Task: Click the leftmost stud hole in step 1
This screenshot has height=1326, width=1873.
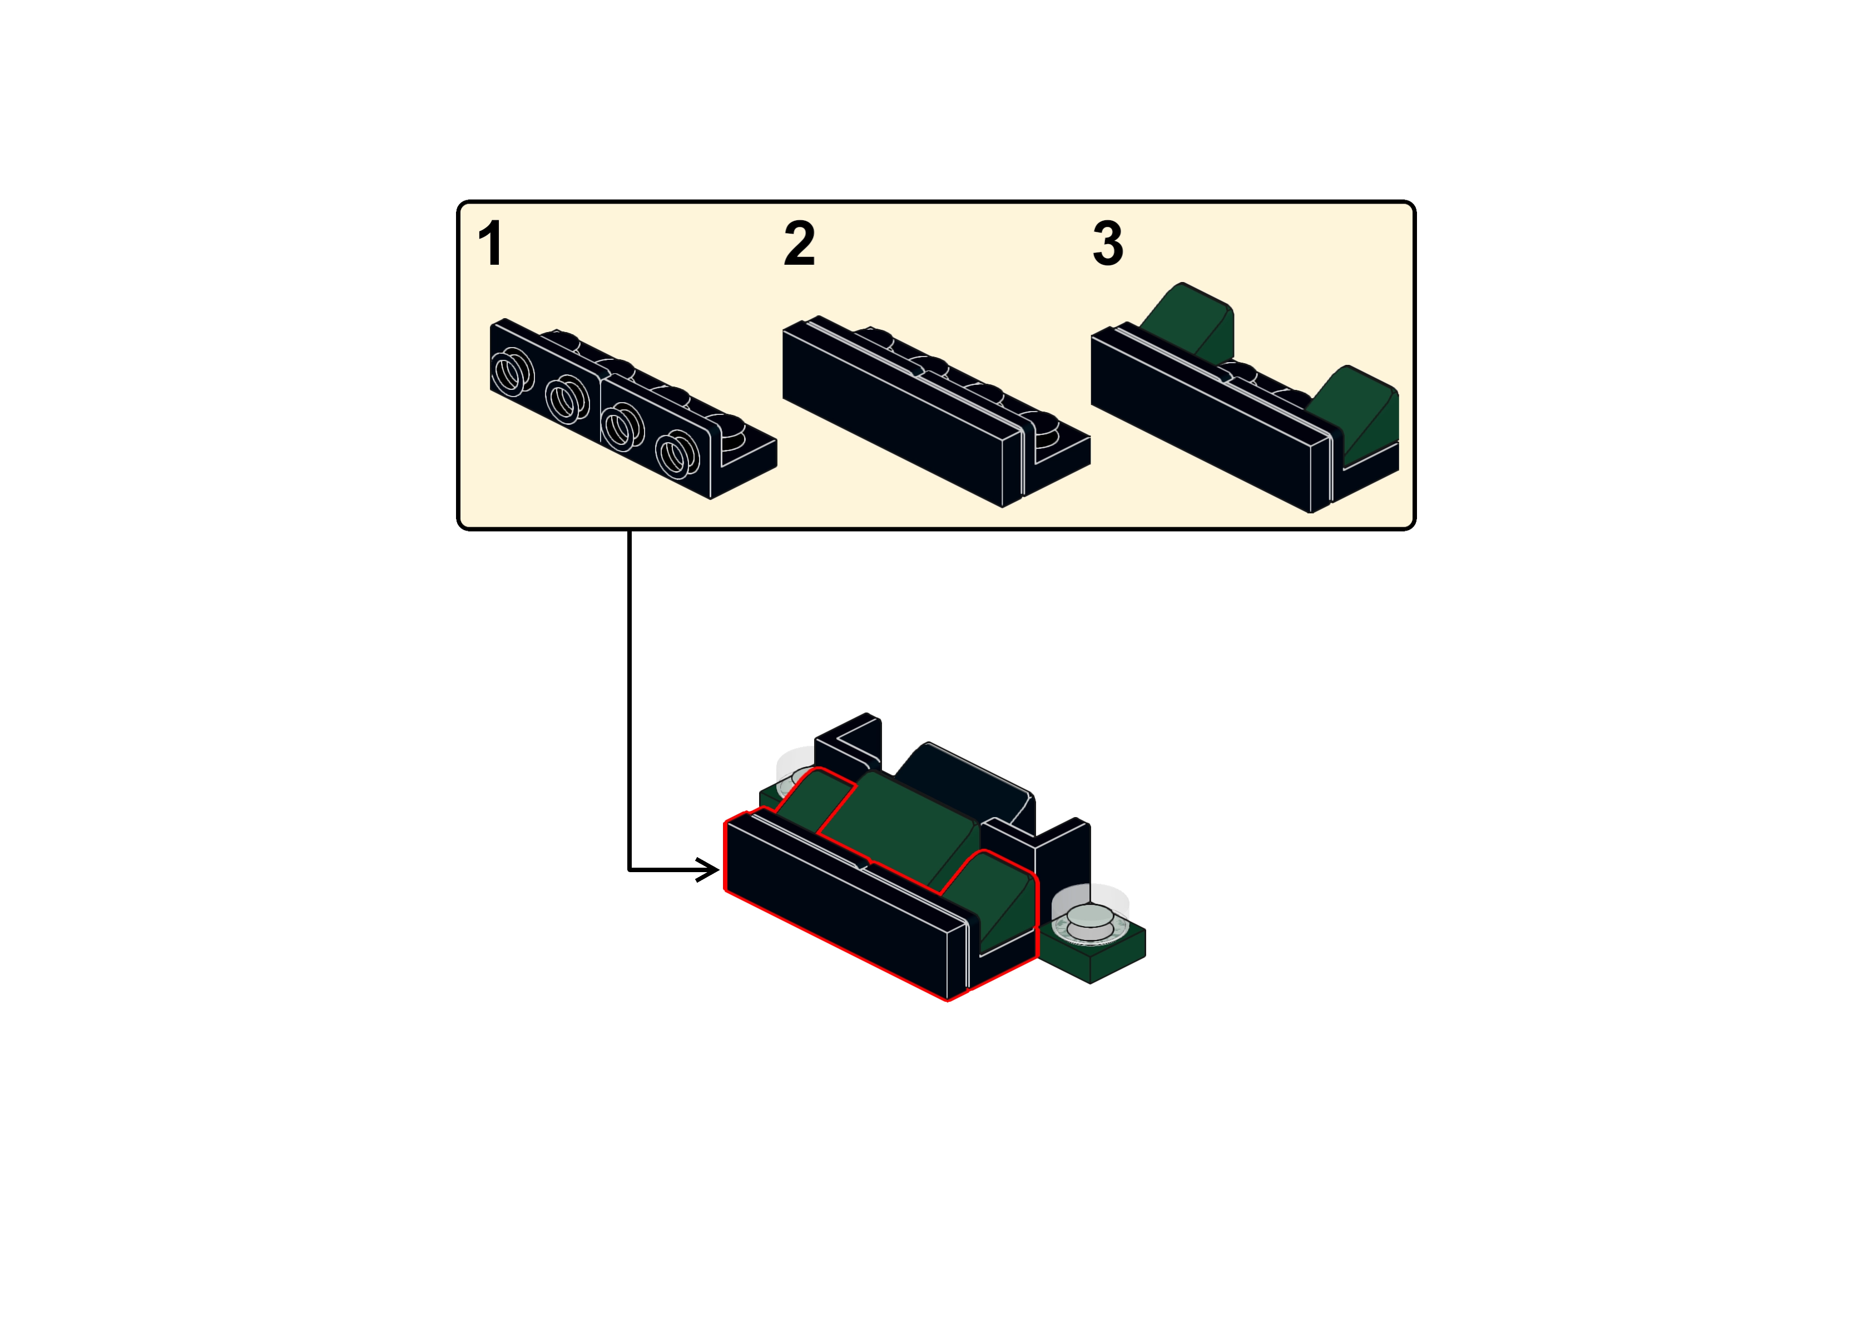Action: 512,372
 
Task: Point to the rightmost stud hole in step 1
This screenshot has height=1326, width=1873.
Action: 677,453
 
